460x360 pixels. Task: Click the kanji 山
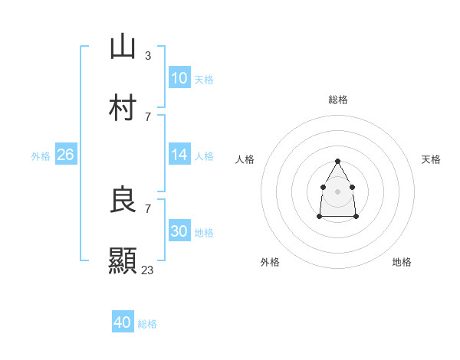tap(123, 47)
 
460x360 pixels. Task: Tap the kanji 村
tap(123, 108)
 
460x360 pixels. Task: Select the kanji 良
tap(123, 200)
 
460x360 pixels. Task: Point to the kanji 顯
tap(123, 261)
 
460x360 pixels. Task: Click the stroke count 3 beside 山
tap(148, 55)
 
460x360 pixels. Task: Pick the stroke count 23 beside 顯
tap(148, 270)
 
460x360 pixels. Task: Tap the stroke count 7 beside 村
tap(148, 116)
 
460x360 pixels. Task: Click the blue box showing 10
tap(179, 78)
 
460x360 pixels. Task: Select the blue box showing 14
tap(179, 155)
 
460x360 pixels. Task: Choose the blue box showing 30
tap(179, 231)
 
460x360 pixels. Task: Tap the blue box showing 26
tap(65, 155)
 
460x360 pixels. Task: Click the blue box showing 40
tap(123, 322)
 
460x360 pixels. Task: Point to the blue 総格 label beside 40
tap(147, 324)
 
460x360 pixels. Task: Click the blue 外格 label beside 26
tap(41, 156)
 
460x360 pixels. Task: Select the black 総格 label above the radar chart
tap(338, 100)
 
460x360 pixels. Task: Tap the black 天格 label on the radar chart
tap(432, 159)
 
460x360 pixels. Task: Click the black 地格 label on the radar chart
tap(402, 262)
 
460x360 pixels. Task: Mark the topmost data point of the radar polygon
tap(337, 161)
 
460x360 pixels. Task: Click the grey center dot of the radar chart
tap(337, 190)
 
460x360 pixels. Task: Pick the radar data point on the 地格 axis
tap(356, 217)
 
